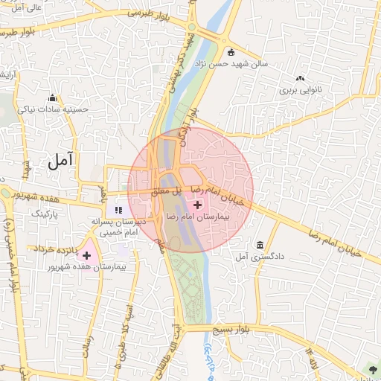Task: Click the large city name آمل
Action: coord(61,159)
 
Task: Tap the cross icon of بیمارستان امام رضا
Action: coord(196,204)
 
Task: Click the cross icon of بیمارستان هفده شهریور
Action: coord(87,255)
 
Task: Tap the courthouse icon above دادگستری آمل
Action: coord(260,246)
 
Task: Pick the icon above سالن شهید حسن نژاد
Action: coord(231,52)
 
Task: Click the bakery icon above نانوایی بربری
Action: coord(300,78)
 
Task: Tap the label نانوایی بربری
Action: coord(300,89)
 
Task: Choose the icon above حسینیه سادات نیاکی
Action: coord(52,98)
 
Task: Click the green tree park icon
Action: coord(371,370)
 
